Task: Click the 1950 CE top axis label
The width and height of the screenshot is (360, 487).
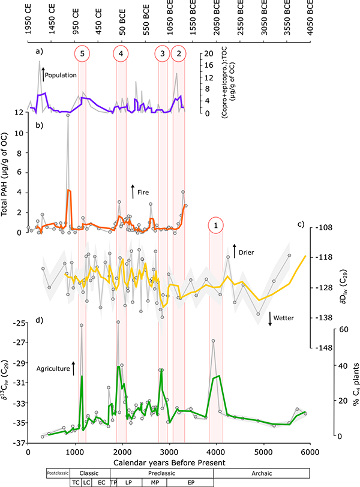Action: (29, 19)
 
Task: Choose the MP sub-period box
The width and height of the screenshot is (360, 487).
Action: (155, 482)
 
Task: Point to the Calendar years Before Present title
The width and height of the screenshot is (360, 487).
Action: (167, 461)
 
